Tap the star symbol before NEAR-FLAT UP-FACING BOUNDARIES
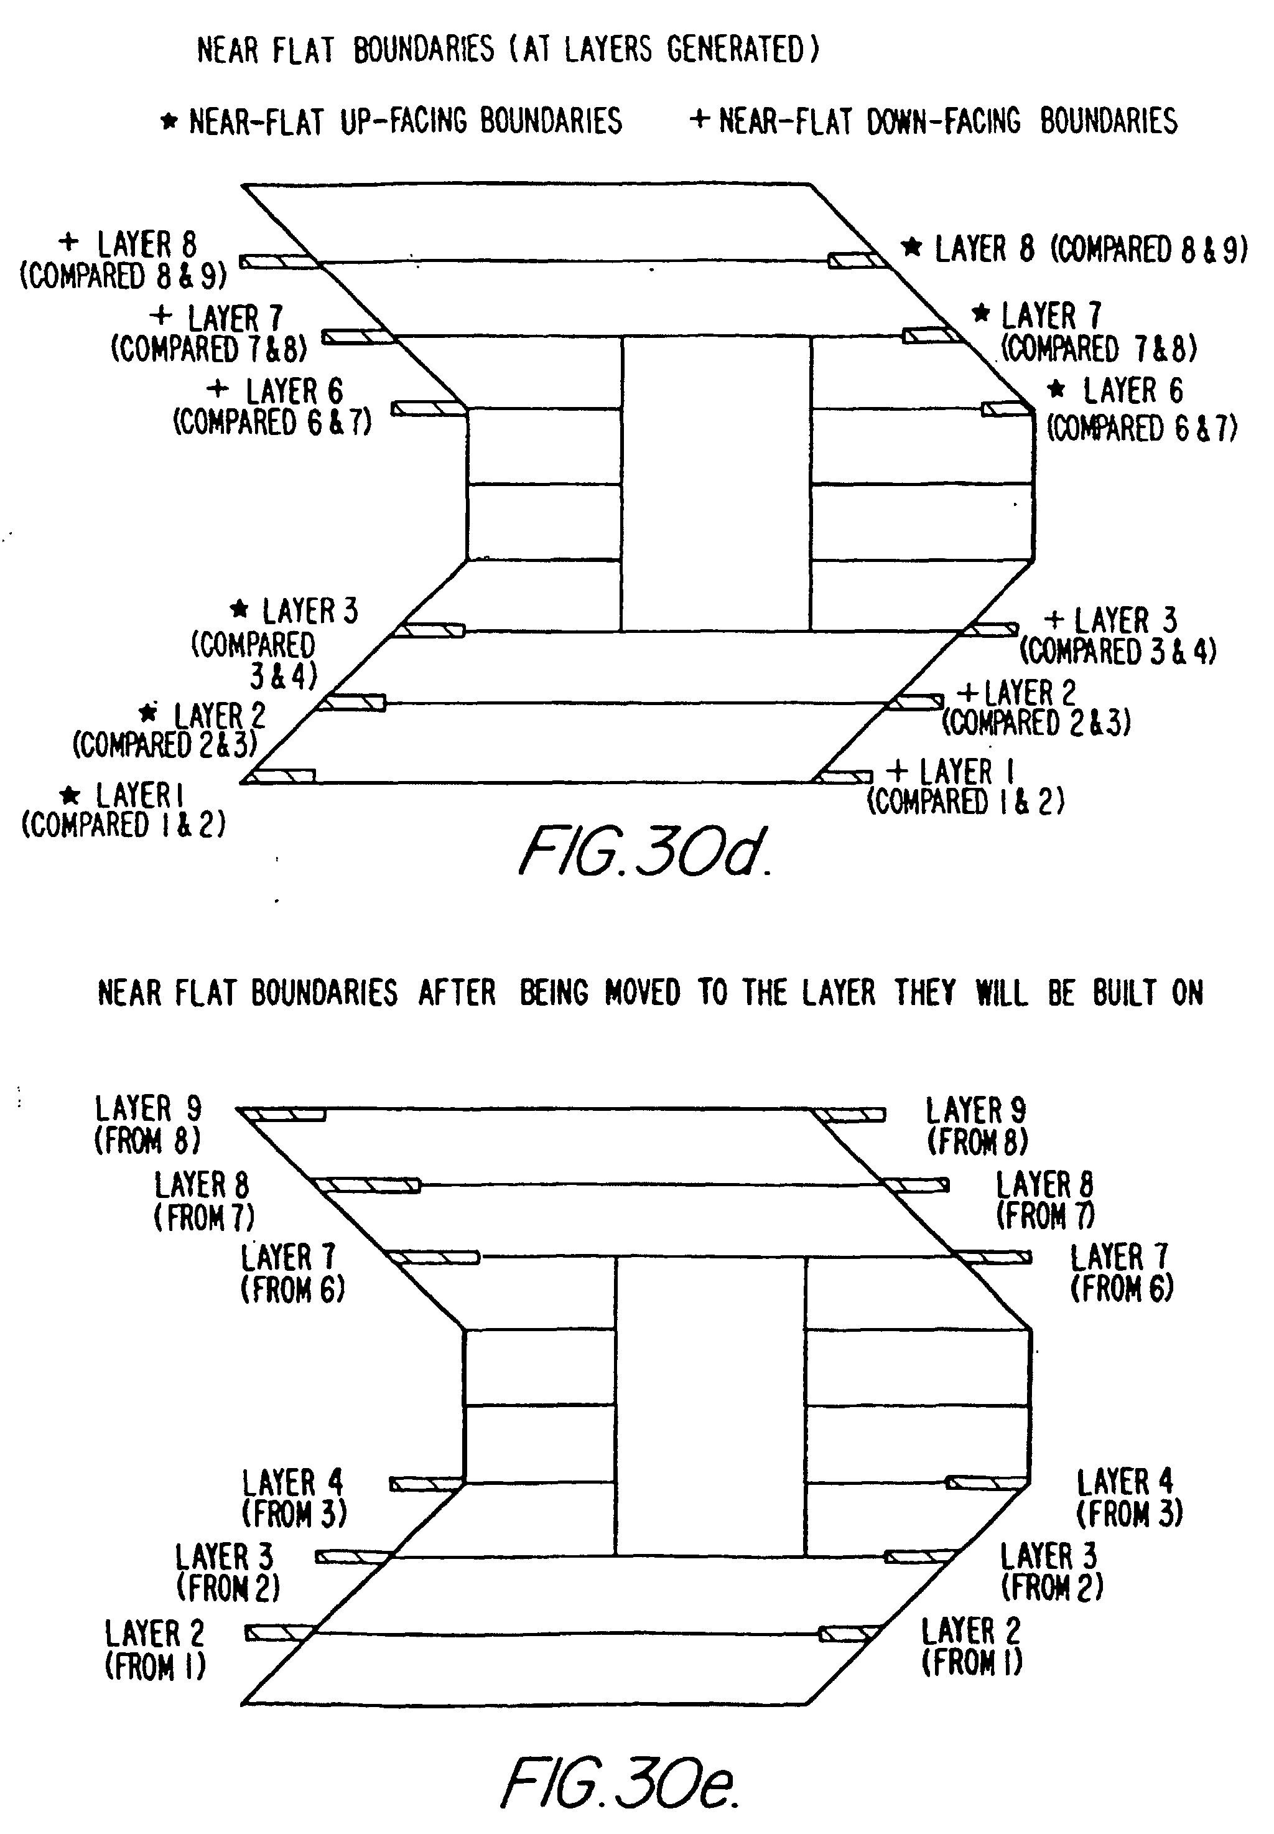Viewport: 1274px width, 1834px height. click(169, 121)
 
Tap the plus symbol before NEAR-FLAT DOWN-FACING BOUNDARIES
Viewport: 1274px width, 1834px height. click(699, 119)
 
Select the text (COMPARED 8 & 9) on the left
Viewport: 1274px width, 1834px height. click(123, 276)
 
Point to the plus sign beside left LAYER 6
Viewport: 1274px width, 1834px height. click(217, 389)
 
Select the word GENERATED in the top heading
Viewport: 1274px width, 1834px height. click(736, 50)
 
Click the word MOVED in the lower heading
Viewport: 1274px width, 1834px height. click(642, 993)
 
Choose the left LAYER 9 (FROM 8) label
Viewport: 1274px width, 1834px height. click(147, 1123)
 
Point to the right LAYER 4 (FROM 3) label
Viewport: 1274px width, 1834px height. click(1128, 1497)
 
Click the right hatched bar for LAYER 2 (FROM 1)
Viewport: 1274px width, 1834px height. click(849, 1634)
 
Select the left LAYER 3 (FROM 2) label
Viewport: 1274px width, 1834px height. click(226, 1571)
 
